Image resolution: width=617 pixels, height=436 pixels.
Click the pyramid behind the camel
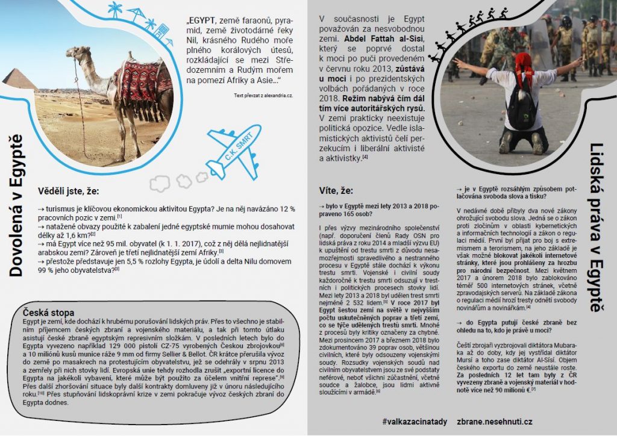pos(19,80)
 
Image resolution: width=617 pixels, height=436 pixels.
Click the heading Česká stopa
pos(48,313)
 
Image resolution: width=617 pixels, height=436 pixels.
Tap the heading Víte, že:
pos(336,191)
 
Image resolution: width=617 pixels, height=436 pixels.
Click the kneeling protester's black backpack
pos(521,109)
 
